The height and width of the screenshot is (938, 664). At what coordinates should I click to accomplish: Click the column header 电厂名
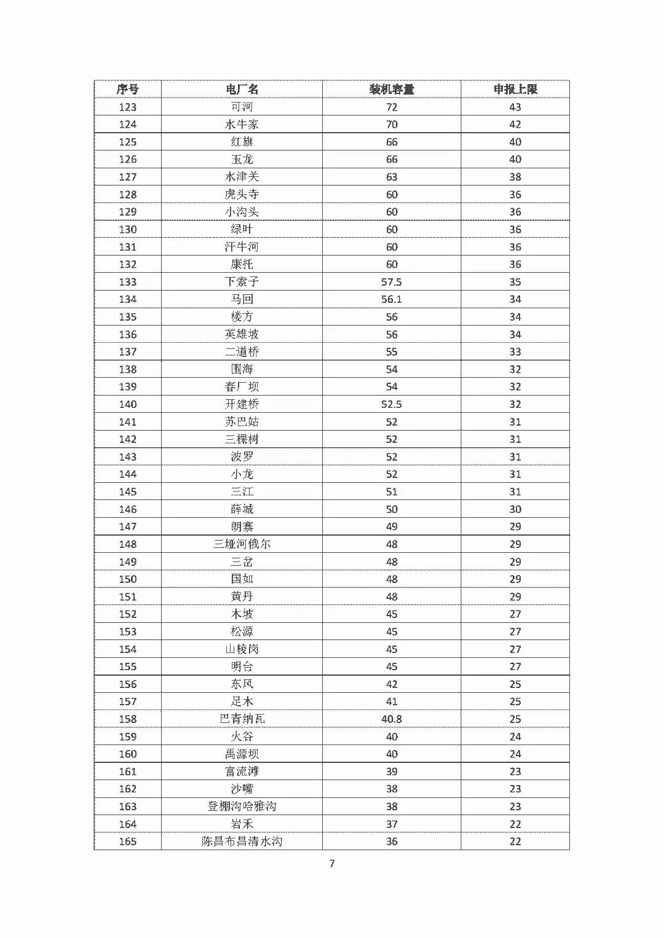[x=242, y=89]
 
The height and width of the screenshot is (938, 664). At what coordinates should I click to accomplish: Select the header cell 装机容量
[x=392, y=89]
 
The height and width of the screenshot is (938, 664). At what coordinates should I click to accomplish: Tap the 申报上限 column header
[x=515, y=89]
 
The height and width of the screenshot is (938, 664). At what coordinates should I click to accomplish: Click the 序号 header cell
[x=128, y=89]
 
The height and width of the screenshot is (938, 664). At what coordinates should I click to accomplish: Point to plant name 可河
[x=242, y=107]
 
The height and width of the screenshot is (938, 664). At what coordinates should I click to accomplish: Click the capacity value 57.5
[x=392, y=282]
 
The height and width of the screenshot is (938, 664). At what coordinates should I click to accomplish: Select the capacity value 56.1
[x=392, y=299]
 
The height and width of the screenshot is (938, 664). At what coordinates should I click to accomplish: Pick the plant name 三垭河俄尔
[x=242, y=544]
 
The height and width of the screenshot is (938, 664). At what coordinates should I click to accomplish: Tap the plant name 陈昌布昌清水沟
[x=242, y=842]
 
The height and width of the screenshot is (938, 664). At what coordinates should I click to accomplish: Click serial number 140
[x=128, y=404]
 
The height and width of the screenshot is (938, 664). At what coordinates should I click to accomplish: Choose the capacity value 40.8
[x=392, y=719]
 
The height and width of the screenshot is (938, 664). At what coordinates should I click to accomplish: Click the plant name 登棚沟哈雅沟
[x=242, y=807]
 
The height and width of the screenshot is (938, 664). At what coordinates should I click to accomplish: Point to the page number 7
[x=332, y=863]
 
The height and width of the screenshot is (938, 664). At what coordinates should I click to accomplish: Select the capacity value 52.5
[x=392, y=404]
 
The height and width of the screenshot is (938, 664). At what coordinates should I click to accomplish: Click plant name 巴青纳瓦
[x=242, y=719]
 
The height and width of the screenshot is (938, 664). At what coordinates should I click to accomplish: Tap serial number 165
[x=128, y=842]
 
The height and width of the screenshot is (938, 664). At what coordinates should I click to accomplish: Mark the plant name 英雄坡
[x=242, y=334]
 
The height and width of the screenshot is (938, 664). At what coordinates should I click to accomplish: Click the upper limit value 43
[x=515, y=107]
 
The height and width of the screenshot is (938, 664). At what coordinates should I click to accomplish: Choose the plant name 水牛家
[x=242, y=124]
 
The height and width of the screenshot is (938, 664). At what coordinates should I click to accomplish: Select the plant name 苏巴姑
[x=242, y=422]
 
